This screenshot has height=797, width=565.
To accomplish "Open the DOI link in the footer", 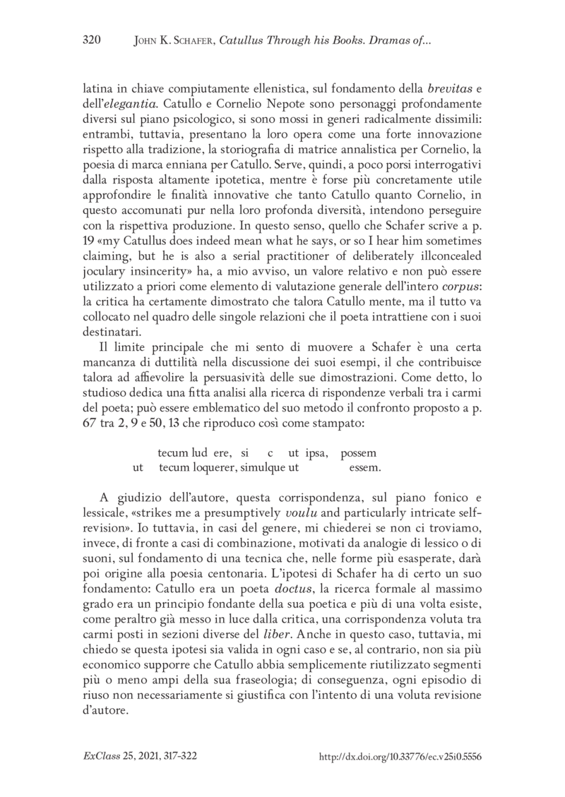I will [400, 756].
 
